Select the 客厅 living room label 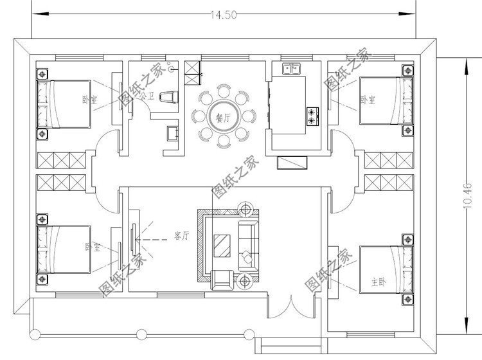tap(181, 236)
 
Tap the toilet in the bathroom tap(168, 97)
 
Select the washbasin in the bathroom tap(173, 132)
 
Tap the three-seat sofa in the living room tap(247, 246)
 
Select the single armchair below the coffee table tap(222, 278)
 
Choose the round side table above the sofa tap(246, 208)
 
